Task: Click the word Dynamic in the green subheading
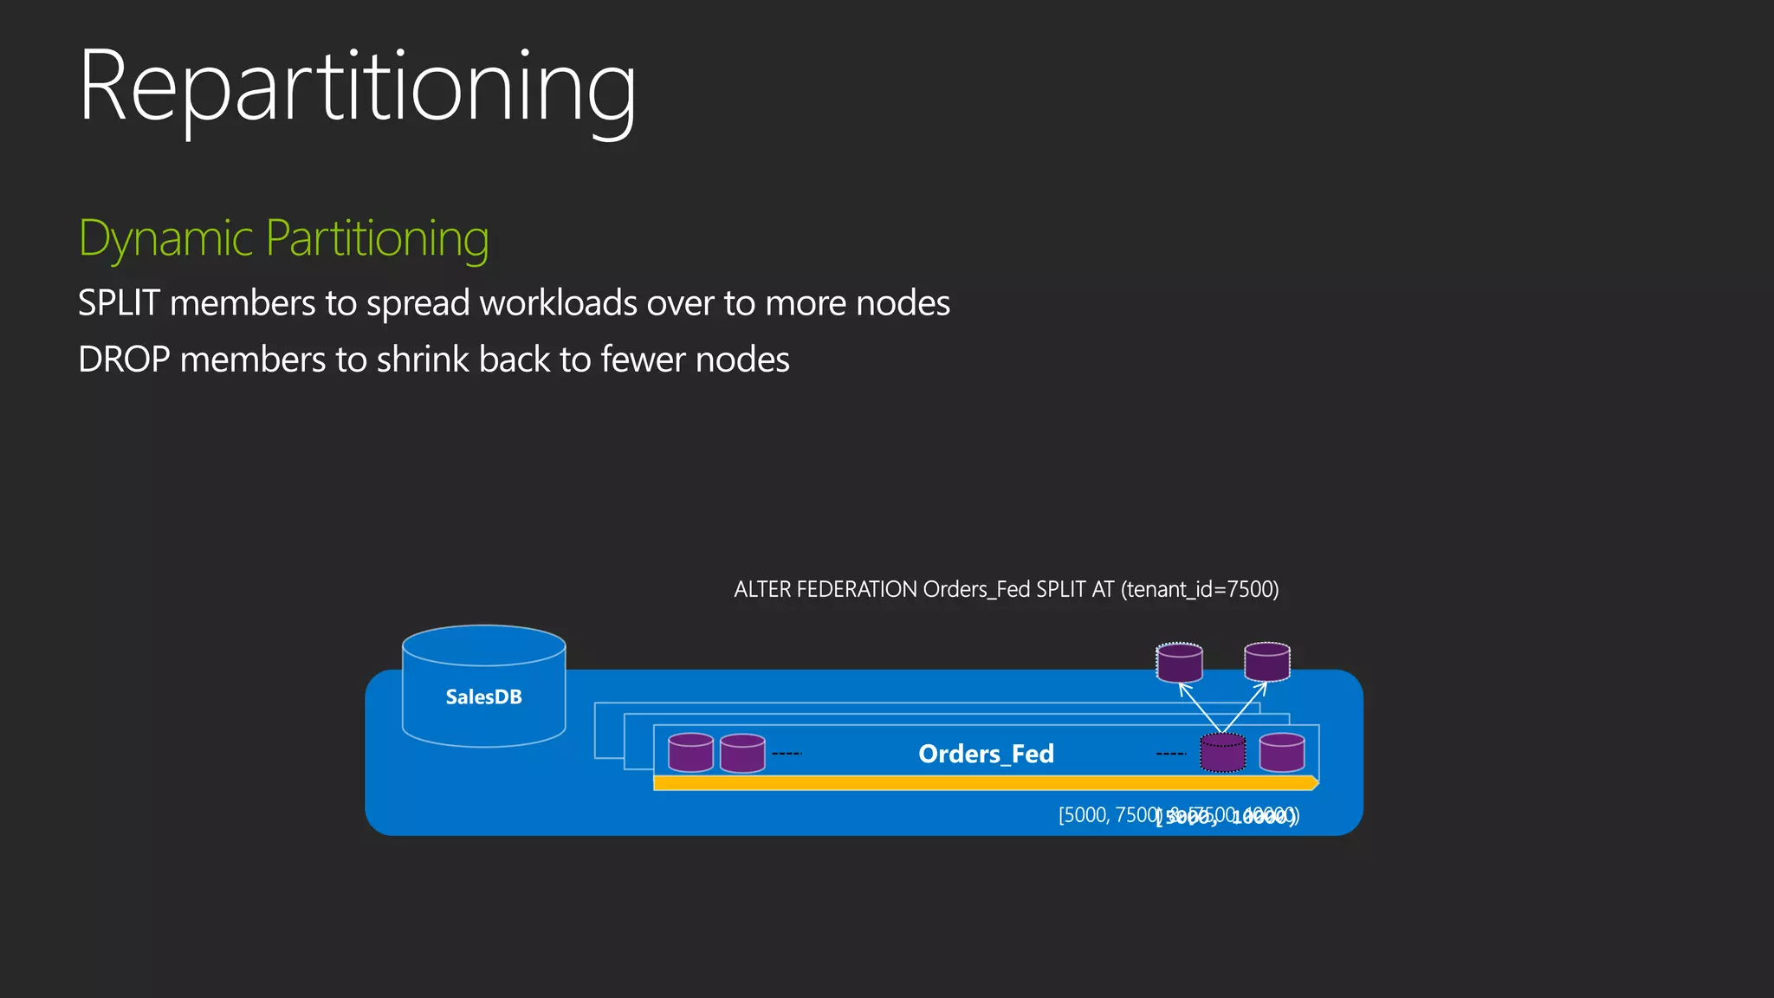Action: (165, 238)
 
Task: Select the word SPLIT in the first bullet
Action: (119, 303)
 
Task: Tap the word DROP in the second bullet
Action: (124, 360)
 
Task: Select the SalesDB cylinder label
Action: (483, 697)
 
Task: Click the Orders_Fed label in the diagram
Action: (986, 754)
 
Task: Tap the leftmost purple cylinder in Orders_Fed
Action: (690, 753)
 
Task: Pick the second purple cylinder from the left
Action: (742, 753)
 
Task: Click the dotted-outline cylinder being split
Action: (1222, 753)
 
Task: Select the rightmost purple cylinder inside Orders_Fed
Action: (1282, 753)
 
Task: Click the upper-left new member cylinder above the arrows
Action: (1179, 663)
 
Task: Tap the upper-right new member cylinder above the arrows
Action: (1267, 662)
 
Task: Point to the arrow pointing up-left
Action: (1198, 706)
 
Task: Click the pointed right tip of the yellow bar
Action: (1315, 783)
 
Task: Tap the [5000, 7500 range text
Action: (1108, 815)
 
